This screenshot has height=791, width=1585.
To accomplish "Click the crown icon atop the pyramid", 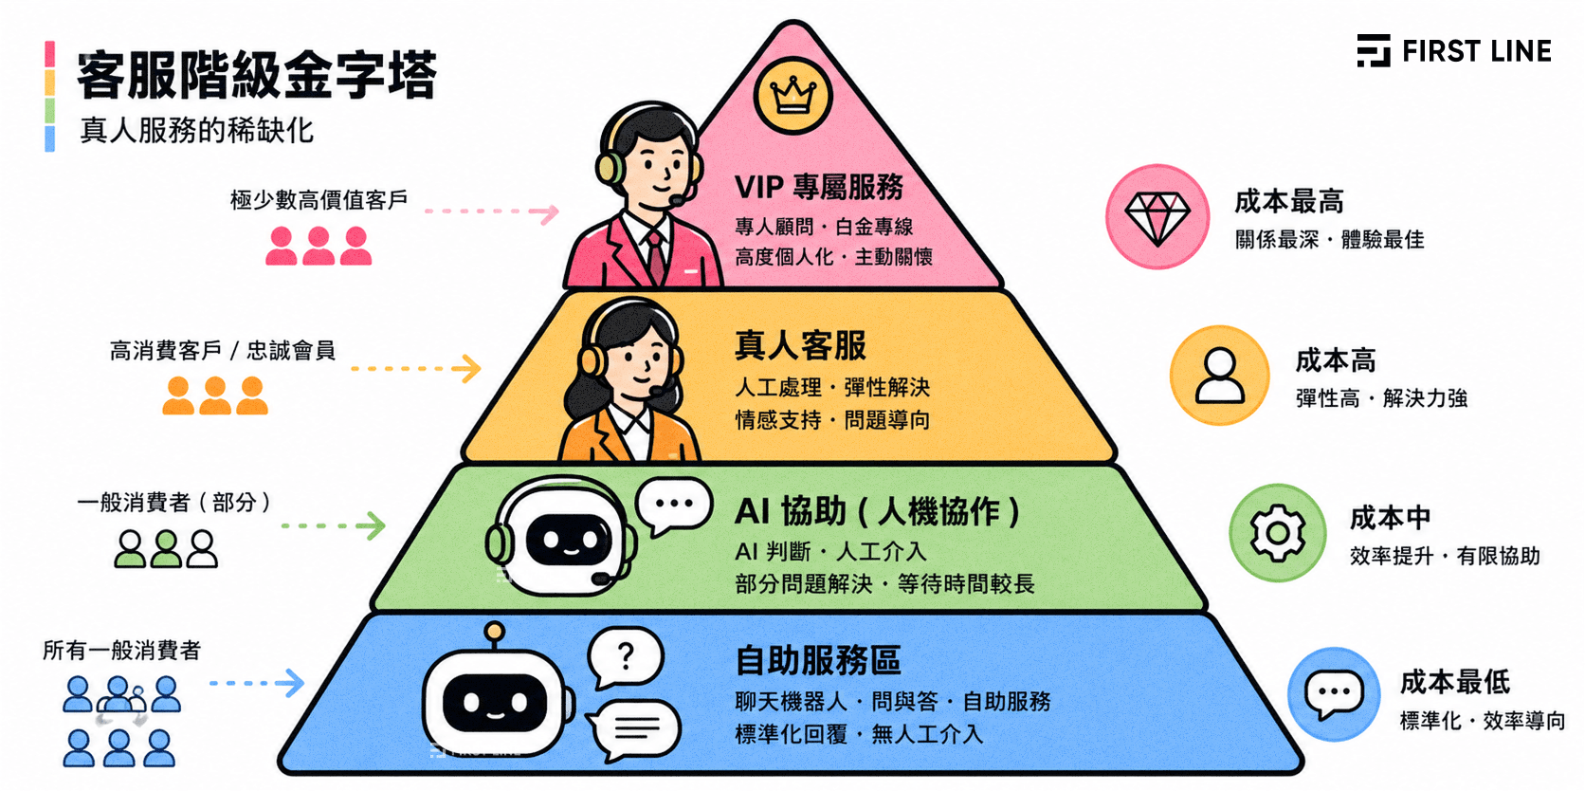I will pyautogui.click(x=792, y=96).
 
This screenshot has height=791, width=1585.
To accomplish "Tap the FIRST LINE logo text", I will pyautogui.click(x=1475, y=51).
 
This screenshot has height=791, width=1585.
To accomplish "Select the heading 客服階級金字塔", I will pyautogui.click(x=256, y=76).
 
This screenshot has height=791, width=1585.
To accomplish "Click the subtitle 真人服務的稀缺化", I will pyautogui.click(x=197, y=130).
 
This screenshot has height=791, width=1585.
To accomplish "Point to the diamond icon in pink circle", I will pyautogui.click(x=1157, y=216).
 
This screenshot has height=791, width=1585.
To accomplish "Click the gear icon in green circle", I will pyautogui.click(x=1277, y=533).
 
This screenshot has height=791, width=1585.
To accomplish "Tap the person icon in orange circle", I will pyautogui.click(x=1220, y=376).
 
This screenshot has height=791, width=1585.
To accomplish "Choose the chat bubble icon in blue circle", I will pyautogui.click(x=1334, y=694).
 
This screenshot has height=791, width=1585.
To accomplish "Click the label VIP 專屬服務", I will pyautogui.click(x=819, y=187).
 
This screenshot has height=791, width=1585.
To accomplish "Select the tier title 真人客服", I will pyautogui.click(x=800, y=345).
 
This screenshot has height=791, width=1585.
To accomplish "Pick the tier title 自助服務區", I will pyautogui.click(x=818, y=660).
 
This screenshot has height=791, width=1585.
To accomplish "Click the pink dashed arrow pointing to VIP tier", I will pyautogui.click(x=492, y=212).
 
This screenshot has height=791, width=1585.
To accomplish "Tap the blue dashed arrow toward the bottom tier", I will pyautogui.click(x=256, y=683).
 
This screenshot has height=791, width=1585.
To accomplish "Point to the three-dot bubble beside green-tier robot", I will pyautogui.click(x=674, y=504).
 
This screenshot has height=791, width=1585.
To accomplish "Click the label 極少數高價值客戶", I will pyautogui.click(x=319, y=200).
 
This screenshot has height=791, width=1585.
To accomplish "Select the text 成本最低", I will pyautogui.click(x=1455, y=681).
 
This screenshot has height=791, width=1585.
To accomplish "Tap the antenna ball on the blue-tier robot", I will pyautogui.click(x=494, y=630).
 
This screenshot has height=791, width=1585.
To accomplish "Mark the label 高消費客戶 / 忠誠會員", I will pyautogui.click(x=223, y=351).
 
